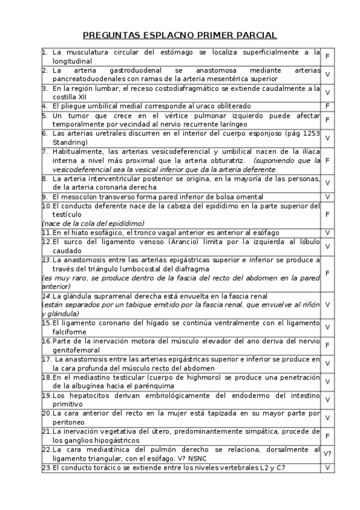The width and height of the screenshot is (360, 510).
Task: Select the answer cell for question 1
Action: coord(328,57)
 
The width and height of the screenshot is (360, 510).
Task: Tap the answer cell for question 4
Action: coord(328,106)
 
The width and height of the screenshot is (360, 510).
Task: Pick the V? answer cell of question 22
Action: coord(328,454)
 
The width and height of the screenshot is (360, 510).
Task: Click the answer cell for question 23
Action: coord(328,467)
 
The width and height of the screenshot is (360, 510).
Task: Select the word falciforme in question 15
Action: coord(72,331)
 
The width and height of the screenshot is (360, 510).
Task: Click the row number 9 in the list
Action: coord(44,197)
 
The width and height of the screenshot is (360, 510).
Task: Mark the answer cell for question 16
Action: coord(328,345)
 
